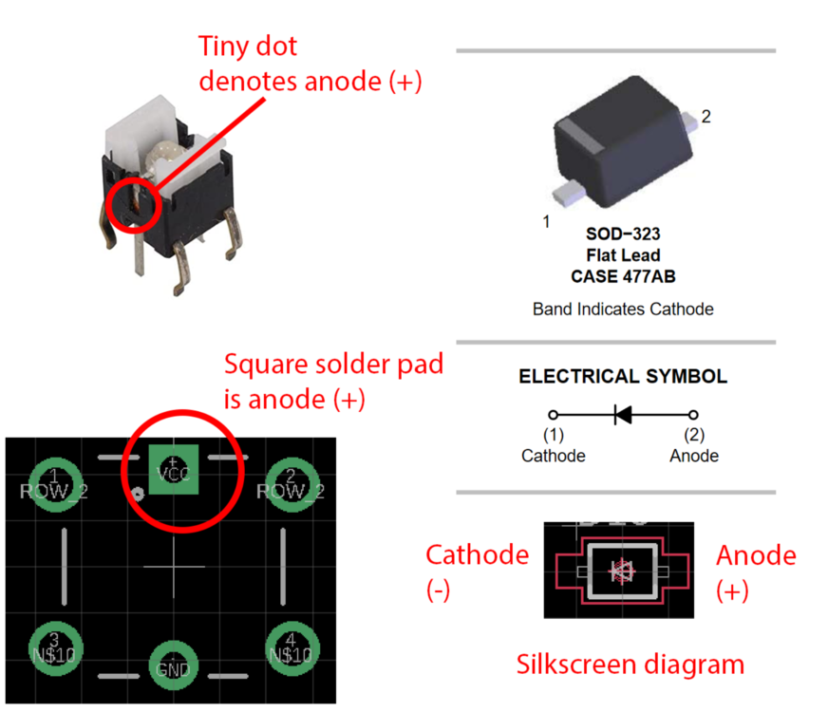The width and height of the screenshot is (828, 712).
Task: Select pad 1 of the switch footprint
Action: [55, 484]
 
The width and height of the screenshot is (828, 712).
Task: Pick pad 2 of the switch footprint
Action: [291, 484]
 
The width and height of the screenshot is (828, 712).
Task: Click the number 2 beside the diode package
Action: [706, 117]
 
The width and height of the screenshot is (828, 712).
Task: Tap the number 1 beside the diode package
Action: [546, 221]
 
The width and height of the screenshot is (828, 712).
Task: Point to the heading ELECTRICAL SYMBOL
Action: [623, 377]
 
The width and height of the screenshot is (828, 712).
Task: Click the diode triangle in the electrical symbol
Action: [623, 415]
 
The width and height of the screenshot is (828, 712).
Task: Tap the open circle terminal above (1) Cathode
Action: [553, 415]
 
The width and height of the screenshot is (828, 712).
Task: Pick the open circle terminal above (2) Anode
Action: [693, 415]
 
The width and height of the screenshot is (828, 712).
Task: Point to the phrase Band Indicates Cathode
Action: [623, 309]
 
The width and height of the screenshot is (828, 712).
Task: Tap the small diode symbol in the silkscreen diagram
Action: [622, 571]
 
